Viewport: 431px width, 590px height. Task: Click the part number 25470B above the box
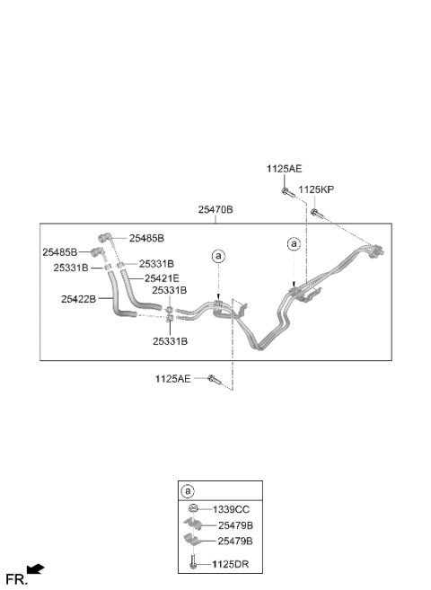click(x=215, y=209)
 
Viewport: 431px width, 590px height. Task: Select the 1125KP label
click(x=316, y=189)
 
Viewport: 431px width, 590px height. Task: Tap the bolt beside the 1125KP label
click(x=317, y=214)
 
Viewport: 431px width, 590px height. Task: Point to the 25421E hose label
click(x=163, y=278)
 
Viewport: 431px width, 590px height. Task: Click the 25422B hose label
click(x=79, y=299)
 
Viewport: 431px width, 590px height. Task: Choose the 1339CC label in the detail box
click(x=231, y=509)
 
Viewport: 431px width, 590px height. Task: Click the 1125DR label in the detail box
click(x=230, y=565)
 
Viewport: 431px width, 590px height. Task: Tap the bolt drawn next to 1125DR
click(x=193, y=561)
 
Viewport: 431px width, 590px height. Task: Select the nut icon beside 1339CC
click(x=193, y=508)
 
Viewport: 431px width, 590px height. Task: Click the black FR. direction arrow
click(x=36, y=568)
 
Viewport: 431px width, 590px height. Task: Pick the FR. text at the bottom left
click(x=17, y=579)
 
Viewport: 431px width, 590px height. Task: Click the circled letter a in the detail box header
click(x=188, y=491)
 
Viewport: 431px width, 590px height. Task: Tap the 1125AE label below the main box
click(x=173, y=379)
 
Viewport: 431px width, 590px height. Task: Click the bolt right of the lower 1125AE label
click(x=215, y=380)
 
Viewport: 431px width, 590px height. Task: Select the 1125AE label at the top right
click(x=285, y=169)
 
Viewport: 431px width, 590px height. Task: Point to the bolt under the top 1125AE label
click(x=287, y=193)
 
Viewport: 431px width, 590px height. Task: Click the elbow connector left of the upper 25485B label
click(x=104, y=237)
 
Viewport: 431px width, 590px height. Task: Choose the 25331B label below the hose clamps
click(x=170, y=341)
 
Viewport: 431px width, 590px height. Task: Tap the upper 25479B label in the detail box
click(x=235, y=525)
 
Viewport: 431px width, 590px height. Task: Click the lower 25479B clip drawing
click(x=192, y=540)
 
